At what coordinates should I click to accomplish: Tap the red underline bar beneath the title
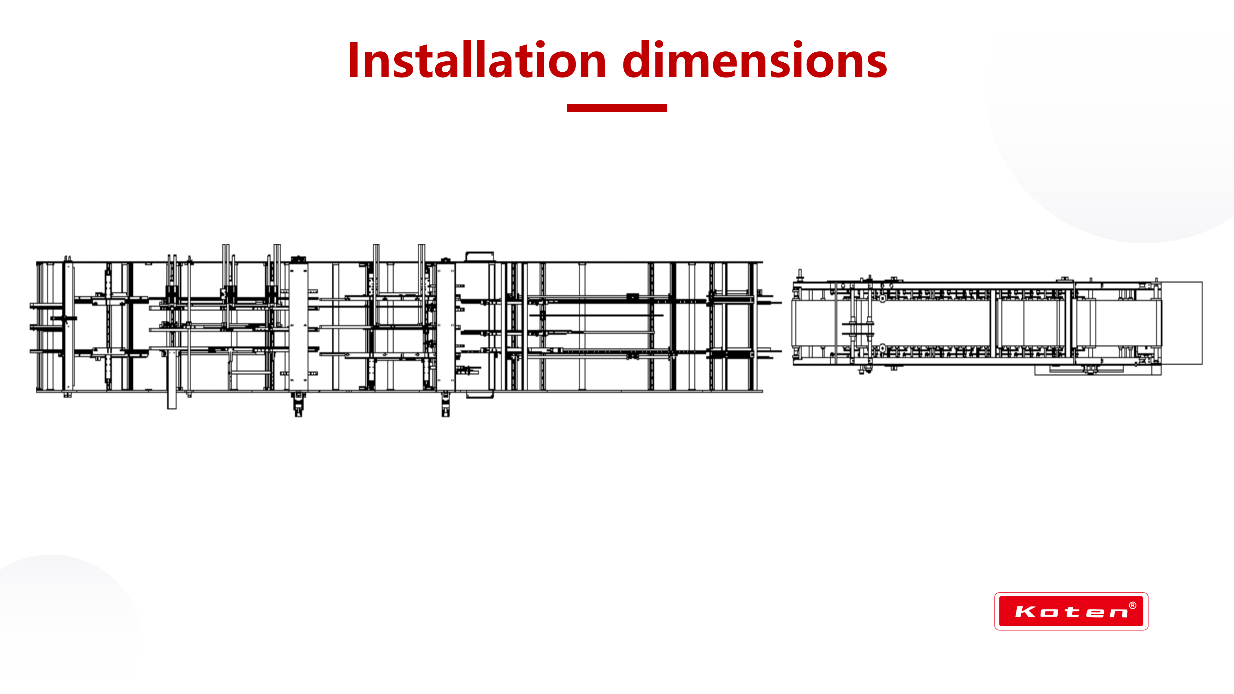[x=617, y=108]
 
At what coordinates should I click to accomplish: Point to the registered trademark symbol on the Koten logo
[x=1132, y=605]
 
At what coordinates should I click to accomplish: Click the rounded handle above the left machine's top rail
[x=479, y=256]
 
